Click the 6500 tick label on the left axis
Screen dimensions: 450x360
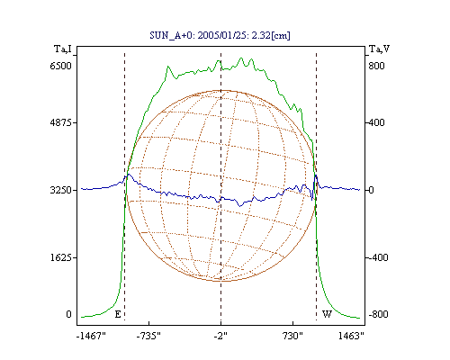coord(60,66)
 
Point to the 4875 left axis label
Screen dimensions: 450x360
coord(60,122)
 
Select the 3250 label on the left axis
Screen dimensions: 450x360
coord(60,190)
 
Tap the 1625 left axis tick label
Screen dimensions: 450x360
coord(60,257)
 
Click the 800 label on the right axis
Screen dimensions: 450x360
coord(376,66)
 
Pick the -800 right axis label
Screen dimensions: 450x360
coord(378,314)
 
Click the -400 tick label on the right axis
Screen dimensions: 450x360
coord(378,257)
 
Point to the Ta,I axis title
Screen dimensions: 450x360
coord(63,49)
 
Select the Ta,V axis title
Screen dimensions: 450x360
coord(379,49)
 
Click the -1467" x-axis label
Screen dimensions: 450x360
coord(91,336)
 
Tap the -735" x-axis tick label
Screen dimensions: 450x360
coord(148,336)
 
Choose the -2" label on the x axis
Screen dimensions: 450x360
coord(220,336)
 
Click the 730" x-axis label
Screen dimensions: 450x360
coord(292,336)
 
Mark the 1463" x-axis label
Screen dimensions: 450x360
coord(351,336)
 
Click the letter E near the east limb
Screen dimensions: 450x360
coord(118,314)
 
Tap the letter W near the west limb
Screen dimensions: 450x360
coord(327,314)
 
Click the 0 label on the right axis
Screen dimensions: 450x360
coord(371,190)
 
